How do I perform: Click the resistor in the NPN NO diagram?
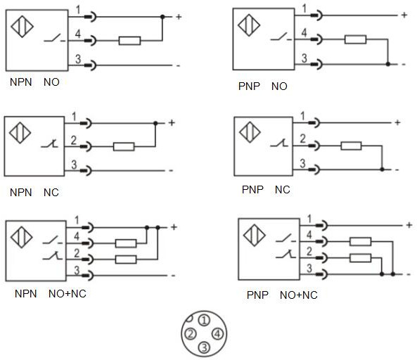point(129,41)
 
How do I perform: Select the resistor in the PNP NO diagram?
point(355,39)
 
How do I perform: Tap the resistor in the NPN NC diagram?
point(123,147)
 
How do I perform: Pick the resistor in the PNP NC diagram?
point(351,146)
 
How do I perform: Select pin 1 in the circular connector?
point(203,320)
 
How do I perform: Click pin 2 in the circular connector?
point(190,333)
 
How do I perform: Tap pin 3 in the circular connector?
point(203,347)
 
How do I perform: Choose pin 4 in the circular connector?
point(217,333)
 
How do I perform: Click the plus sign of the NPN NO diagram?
point(179,16)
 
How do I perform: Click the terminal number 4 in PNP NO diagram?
point(304,32)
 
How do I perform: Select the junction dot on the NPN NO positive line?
point(162,16)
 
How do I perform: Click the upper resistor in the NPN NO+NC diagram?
point(126,243)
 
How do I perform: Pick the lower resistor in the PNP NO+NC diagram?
point(360,257)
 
